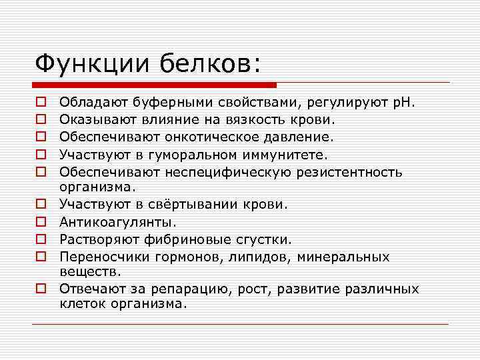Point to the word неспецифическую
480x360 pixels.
tap(237, 172)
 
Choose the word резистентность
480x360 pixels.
tap(353, 172)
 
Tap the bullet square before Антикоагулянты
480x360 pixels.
tap(41, 222)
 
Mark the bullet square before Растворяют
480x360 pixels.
tap(41, 239)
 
